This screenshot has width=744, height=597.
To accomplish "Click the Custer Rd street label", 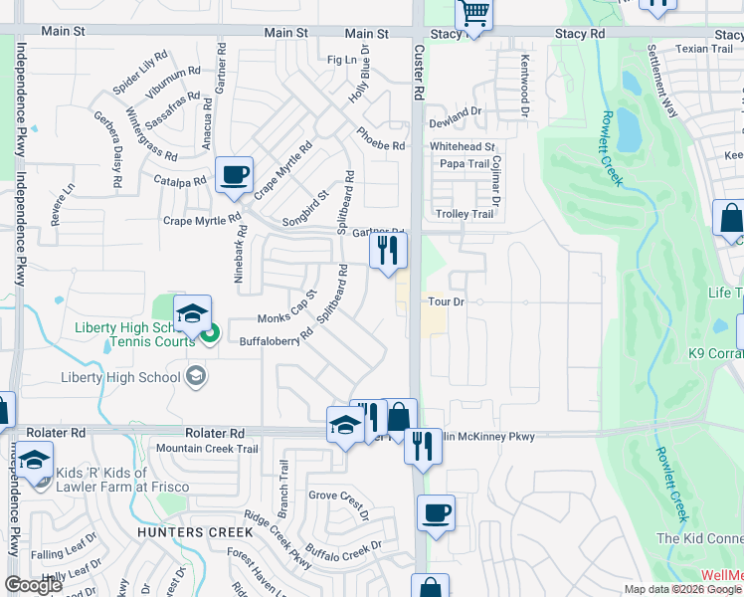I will point(419,70).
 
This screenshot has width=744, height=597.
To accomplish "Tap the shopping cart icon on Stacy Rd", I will point(474,15).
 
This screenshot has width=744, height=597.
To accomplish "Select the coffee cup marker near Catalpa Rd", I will point(234,176).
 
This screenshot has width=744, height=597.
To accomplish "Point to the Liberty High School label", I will point(120,376).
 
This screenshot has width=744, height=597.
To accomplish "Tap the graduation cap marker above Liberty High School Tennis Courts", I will point(192,314).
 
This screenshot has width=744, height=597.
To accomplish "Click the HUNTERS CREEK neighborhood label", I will point(196,532).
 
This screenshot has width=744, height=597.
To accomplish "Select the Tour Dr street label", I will point(446,301).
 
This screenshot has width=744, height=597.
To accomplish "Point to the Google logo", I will point(34,585).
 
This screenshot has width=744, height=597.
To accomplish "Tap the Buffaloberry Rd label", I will point(276,338).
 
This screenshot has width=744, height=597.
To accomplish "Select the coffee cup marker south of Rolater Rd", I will point(436,513).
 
